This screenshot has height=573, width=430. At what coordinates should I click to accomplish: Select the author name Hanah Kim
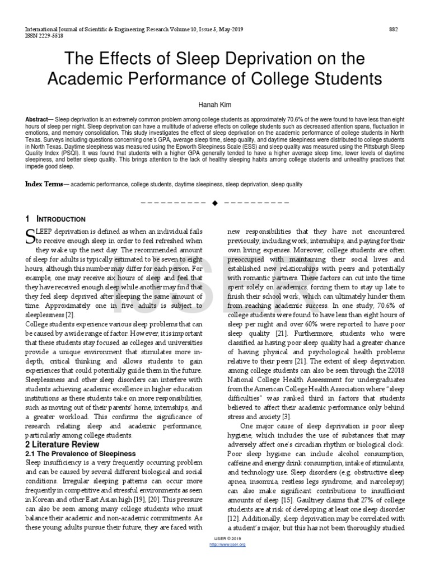[215, 105]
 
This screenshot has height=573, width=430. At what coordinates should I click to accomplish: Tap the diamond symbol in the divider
[214, 203]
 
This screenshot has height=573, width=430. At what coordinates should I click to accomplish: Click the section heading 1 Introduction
[55, 219]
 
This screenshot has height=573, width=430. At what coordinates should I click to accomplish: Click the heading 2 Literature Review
[63, 444]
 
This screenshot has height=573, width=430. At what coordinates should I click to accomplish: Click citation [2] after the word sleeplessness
[69, 315]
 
